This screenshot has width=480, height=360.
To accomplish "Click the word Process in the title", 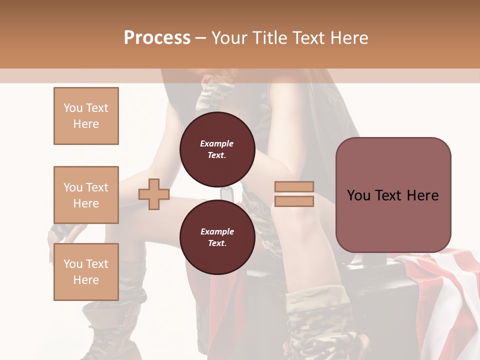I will point(157,38).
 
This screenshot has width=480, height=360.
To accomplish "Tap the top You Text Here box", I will point(86,116).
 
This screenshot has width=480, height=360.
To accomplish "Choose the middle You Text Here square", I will point(86,195).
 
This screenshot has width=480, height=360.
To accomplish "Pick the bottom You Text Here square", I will point(86,272).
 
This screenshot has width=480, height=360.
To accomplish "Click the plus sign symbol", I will point(154,195).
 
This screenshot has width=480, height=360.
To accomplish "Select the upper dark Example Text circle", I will point(216,149).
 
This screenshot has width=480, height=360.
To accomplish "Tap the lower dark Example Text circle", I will point(216,237).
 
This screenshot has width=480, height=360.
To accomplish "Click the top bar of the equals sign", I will point(294,187).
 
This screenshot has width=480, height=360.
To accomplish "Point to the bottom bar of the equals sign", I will point(294,201).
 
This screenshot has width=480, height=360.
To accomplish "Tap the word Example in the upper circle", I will point(216,143).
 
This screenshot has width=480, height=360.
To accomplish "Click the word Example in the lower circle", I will point(216,231).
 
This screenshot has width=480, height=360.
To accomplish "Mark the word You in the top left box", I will point(73,108).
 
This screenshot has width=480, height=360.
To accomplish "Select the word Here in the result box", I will point(422,195).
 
